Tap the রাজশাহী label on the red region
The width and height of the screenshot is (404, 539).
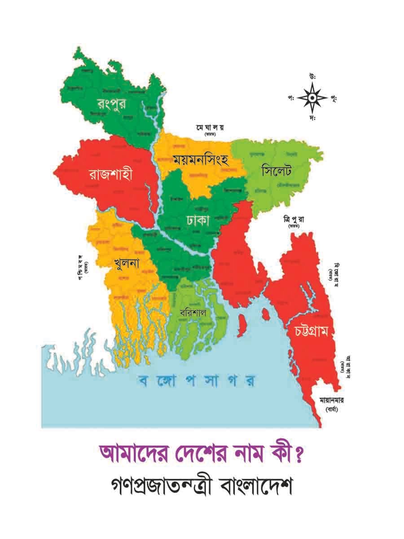click(x=110, y=175)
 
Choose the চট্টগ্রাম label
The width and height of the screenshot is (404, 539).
click(x=312, y=332)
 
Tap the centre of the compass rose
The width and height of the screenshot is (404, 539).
click(x=312, y=97)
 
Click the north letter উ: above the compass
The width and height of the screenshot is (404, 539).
click(x=312, y=76)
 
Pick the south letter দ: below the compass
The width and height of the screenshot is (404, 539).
click(x=312, y=119)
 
